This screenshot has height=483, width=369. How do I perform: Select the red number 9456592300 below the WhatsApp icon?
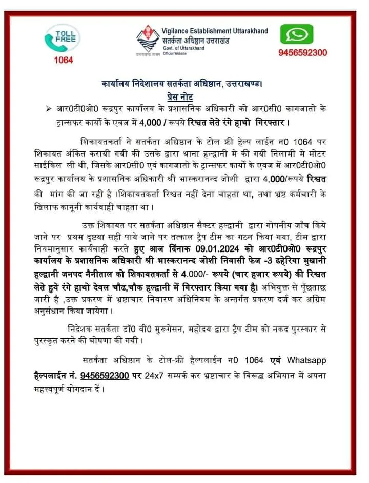click(x=303, y=53)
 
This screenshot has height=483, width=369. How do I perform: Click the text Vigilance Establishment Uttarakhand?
click(x=215, y=31)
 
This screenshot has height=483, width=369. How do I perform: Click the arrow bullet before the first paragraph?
click(x=48, y=108)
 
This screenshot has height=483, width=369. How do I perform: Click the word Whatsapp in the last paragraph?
click(x=306, y=361)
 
